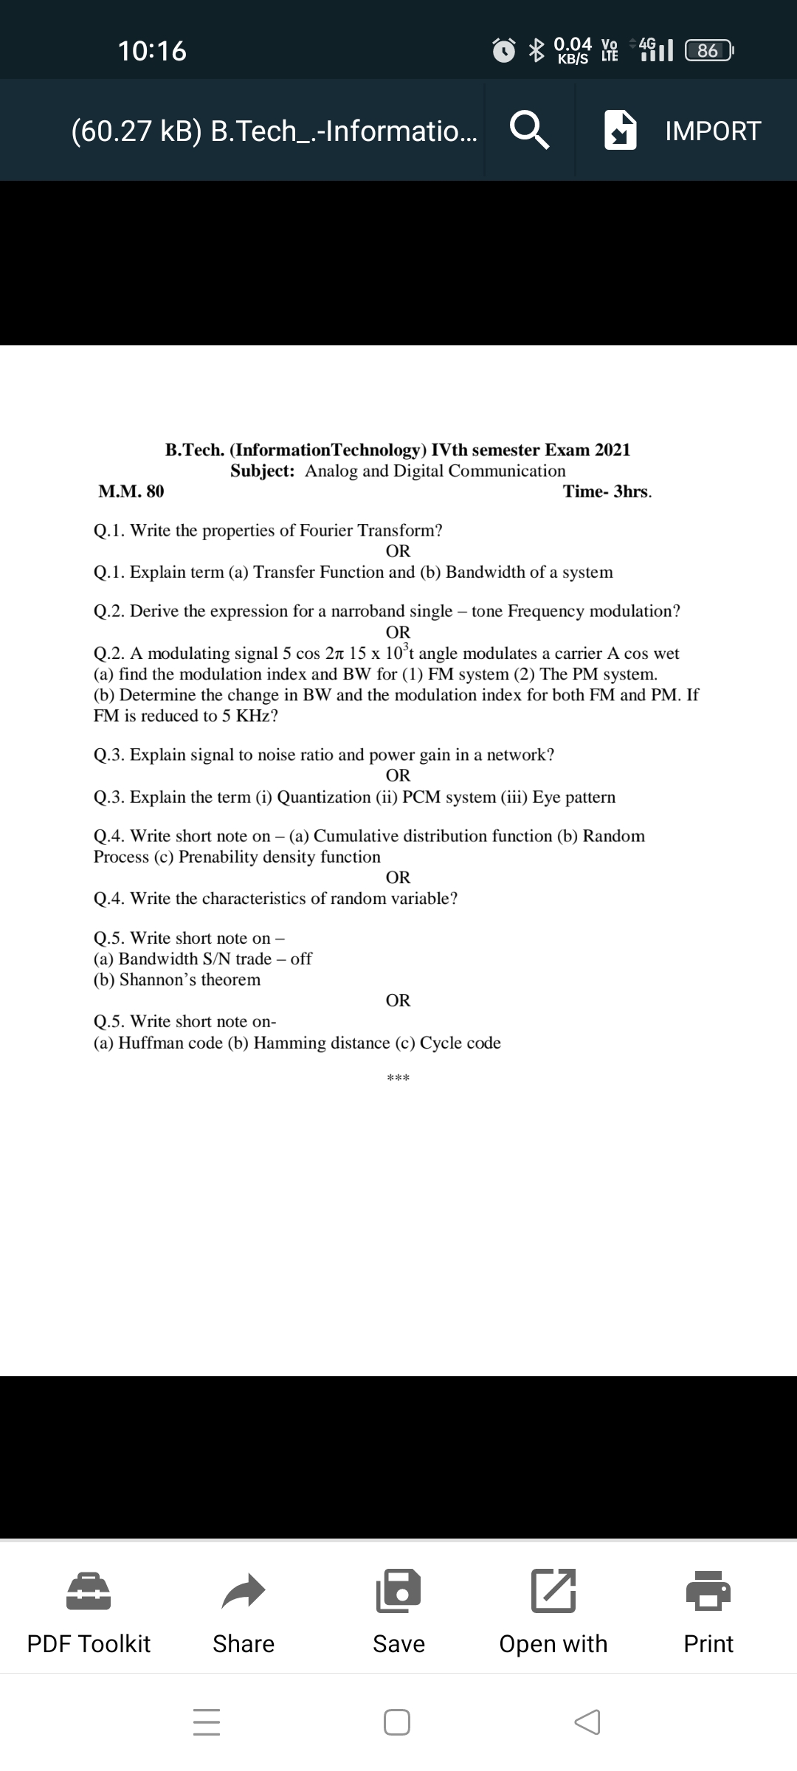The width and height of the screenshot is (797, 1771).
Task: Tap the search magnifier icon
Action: tap(529, 131)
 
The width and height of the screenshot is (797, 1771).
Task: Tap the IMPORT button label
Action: tap(712, 131)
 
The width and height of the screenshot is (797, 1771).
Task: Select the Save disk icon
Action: tap(398, 1590)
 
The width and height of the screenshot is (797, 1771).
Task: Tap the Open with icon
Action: tap(553, 1590)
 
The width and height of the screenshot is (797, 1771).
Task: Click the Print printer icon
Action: tap(708, 1590)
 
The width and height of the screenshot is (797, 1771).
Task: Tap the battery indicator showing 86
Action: tap(708, 51)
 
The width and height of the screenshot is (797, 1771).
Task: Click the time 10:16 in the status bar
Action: tap(152, 51)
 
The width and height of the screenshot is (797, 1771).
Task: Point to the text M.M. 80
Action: tap(131, 491)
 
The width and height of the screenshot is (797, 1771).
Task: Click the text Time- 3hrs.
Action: tap(607, 491)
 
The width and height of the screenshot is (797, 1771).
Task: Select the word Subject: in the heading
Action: tap(263, 471)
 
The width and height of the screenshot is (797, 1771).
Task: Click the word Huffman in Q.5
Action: tap(152, 1043)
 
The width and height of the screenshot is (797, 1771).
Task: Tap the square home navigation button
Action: tap(397, 1722)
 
